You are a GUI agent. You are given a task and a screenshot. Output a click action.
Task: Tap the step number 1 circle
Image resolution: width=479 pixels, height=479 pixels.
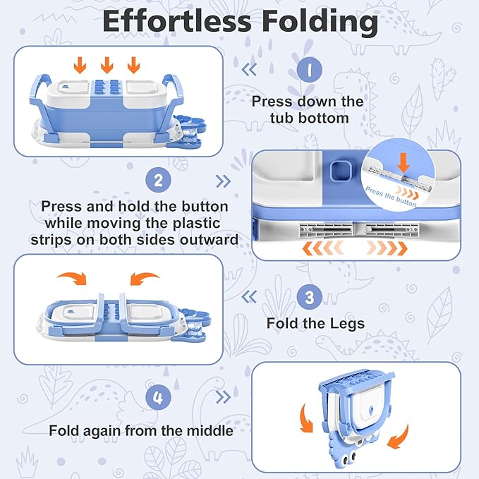309,71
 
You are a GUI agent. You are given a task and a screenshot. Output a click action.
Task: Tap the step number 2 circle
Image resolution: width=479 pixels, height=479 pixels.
158,181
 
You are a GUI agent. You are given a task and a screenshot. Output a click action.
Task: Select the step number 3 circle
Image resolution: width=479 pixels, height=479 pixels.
309,297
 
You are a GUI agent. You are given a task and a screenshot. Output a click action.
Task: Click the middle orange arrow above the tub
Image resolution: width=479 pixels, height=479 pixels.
107,65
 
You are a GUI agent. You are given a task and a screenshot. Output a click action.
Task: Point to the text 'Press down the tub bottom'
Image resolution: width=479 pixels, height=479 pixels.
308,109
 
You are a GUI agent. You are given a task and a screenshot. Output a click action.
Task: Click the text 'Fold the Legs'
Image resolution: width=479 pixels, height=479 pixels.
315,325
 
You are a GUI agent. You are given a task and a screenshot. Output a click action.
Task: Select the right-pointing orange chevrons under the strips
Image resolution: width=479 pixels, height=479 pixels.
386,249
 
